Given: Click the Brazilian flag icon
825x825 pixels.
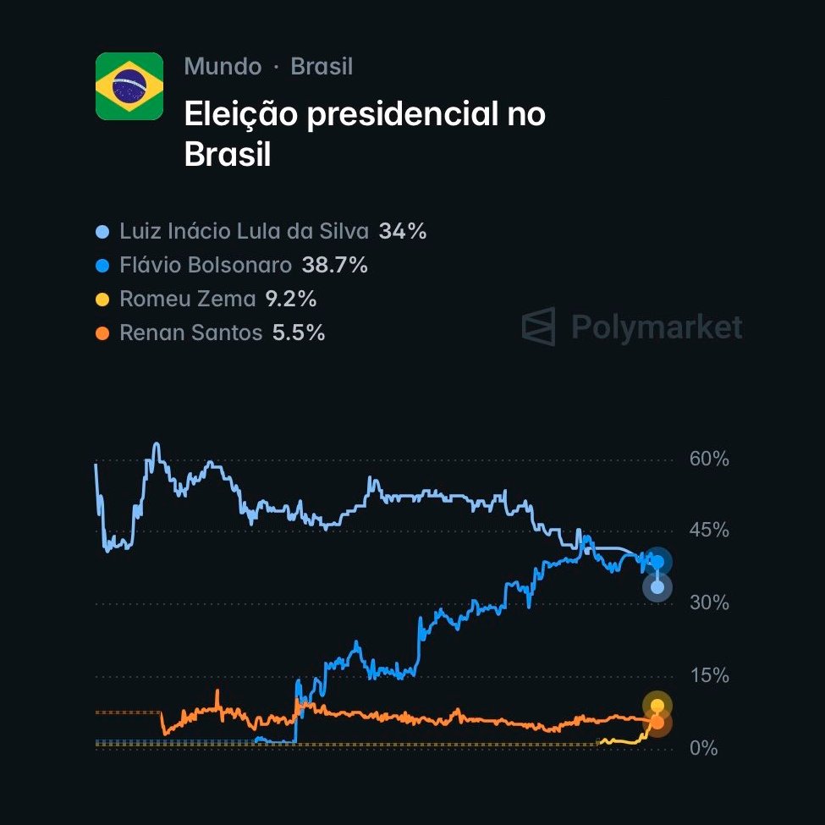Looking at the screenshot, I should pos(129,86).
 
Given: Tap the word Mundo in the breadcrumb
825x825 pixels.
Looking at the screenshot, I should pos(223,67).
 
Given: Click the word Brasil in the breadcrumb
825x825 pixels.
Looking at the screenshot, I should pos(322,67).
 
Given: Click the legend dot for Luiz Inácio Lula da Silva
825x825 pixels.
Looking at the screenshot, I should pos(103,231).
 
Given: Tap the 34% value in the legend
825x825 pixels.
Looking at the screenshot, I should pos(403,231).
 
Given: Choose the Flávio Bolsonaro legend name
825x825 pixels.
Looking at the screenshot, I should pos(206,266).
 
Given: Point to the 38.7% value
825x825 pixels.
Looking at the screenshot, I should pos(335,266).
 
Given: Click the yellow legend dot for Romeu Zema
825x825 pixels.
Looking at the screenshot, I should pos(103,300).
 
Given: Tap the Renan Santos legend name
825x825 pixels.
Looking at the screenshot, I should pos(191,333).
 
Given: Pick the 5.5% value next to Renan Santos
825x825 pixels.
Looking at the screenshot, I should pos(299,333).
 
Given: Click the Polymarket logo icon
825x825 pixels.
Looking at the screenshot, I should pos(538,327).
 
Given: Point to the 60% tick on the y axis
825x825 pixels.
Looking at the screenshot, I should pos(709,459).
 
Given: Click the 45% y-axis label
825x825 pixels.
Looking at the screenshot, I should pos(709,531).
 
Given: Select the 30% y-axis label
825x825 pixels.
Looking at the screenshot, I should pos(709,603).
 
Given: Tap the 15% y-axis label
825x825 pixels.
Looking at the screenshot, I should pos(709,676).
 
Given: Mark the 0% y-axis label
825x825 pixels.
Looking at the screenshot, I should pos(703,749).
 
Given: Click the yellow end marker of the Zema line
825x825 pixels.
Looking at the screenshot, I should pos(657,706).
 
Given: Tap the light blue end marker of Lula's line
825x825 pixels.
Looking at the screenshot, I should pos(657,587).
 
